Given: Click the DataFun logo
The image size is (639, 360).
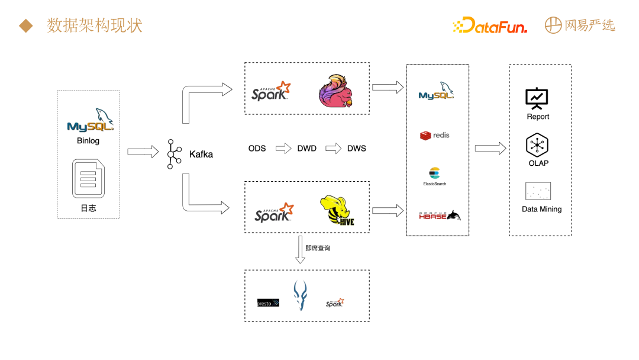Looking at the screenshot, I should (x=489, y=25).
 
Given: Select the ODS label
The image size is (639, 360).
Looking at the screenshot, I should (x=257, y=148).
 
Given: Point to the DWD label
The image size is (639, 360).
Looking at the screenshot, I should (x=306, y=148).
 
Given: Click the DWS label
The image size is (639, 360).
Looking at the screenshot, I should (x=356, y=148).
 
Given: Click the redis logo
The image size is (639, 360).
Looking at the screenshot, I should (x=435, y=136).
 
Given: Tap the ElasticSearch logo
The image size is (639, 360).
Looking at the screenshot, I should (x=435, y=175).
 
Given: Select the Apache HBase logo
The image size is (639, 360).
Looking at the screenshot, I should (x=439, y=216).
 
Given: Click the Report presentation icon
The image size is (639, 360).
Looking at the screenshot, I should (x=537, y=98).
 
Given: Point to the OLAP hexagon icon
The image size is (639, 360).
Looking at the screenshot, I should (x=538, y=145).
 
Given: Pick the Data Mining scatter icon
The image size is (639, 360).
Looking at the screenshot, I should (x=538, y=191).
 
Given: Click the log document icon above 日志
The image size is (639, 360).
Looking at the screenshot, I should (x=88, y=178).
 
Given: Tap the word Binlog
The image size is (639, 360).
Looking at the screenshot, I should (x=88, y=141).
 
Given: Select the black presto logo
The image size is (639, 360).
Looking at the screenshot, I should (x=268, y=303).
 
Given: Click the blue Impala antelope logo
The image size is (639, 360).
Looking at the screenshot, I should (x=301, y=295).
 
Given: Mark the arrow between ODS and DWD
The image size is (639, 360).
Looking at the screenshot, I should (x=284, y=148).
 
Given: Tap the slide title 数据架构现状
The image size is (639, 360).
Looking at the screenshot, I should (x=95, y=25).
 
